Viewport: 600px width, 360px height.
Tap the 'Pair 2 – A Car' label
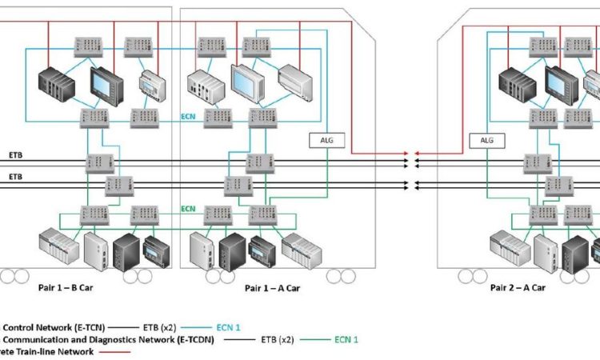click(x=518, y=288)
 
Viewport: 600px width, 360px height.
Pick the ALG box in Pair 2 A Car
click(x=489, y=140)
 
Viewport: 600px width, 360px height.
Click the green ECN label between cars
click(x=188, y=209)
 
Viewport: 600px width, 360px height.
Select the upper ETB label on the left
click(x=16, y=154)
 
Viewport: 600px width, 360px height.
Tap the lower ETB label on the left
click(x=16, y=177)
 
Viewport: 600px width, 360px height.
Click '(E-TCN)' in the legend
click(x=81, y=326)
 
